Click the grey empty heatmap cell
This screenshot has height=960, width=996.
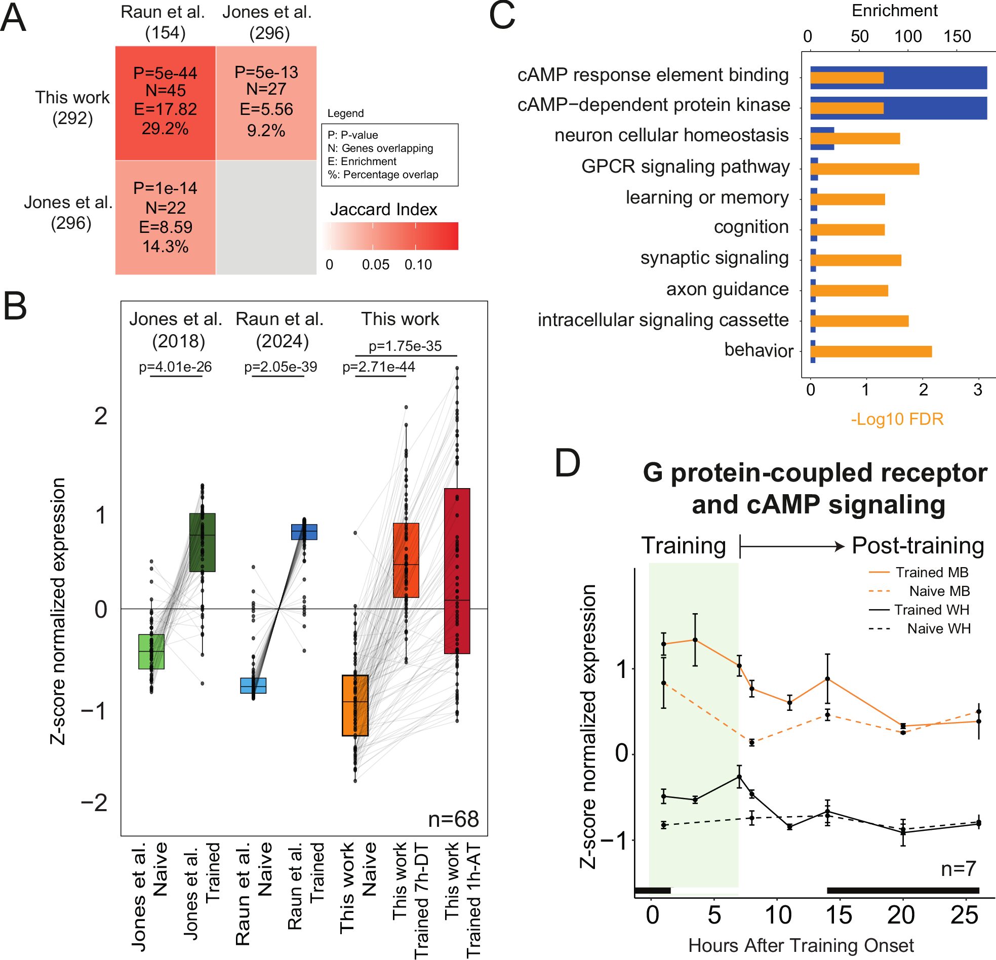coord(266,218)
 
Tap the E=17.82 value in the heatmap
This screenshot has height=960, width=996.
coord(165,109)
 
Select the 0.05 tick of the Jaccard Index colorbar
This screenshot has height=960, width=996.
coord(375,265)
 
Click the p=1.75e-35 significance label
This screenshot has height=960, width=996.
coord(405,346)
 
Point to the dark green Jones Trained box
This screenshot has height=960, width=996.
coord(202,542)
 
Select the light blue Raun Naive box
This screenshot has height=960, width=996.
coord(253,685)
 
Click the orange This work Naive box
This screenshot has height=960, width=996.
coord(354,705)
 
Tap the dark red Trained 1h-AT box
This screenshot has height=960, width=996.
coord(456,570)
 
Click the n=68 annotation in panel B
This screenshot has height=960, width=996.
coord(453,819)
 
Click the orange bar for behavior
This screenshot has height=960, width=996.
coord(870,352)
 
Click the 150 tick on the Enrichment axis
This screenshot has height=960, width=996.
coord(957,36)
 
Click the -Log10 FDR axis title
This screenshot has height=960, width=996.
coord(896,419)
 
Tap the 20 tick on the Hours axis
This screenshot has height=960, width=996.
coord(900,915)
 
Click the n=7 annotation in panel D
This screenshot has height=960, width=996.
coord(958,868)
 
